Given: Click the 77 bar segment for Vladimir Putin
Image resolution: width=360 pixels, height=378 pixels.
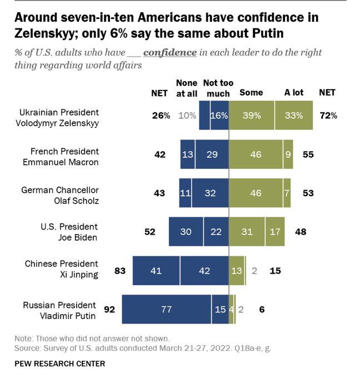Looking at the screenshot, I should tap(166, 309).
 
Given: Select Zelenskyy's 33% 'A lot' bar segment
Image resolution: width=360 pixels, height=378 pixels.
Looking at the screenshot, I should tap(293, 116).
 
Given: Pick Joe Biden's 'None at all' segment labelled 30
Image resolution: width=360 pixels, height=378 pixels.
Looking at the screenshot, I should tap(186, 232).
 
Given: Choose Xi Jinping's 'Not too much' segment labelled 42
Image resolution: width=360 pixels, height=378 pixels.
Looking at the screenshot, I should tap(204, 271).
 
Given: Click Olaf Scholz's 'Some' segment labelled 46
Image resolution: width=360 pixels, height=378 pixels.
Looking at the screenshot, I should tap(256, 193).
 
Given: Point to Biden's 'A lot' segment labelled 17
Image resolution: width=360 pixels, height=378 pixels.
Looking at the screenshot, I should tap(276, 232).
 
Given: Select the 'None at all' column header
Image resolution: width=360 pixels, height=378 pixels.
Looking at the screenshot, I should tap(186, 88).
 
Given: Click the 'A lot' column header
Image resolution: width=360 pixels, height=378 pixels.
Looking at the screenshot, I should tap(293, 93).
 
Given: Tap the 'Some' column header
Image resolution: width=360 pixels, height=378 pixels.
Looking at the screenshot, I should tap(251, 93).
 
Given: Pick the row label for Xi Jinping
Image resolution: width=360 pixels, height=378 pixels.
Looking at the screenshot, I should tap(61, 268).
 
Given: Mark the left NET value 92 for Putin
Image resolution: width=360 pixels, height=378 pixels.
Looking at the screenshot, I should tap(110, 309).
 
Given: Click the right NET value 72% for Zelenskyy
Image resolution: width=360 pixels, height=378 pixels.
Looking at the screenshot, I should tap(328, 116).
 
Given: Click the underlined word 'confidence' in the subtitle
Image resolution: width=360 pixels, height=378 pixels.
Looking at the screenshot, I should tap(169, 53).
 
